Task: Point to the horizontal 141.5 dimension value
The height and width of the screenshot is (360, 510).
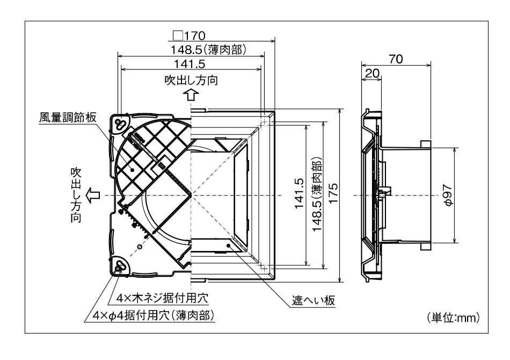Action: pos(192,63)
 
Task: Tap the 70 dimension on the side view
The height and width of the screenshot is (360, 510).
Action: pos(396,59)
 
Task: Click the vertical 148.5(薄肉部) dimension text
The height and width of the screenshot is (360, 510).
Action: pos(317,195)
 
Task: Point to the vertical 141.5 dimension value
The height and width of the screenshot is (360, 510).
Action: pos(300,195)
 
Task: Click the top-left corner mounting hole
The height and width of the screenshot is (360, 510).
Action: pos(120,124)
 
